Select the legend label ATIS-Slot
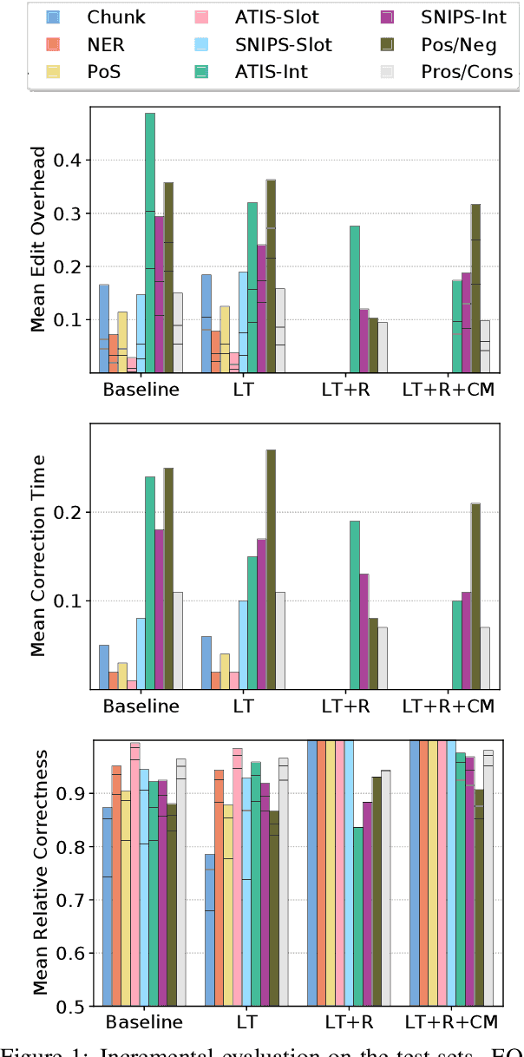click(x=278, y=16)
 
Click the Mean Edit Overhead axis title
click(x=39, y=240)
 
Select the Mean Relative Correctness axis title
click(x=39, y=873)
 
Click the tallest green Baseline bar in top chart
click(x=150, y=243)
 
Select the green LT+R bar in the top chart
click(x=354, y=299)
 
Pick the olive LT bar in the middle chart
click(x=271, y=569)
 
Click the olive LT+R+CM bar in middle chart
click(x=475, y=596)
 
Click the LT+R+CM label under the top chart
click(x=449, y=390)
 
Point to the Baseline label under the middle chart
click(x=141, y=706)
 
